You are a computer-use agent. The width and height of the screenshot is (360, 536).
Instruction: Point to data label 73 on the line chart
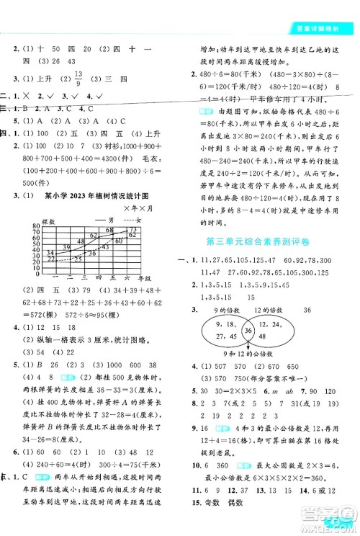click(x=132, y=229)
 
